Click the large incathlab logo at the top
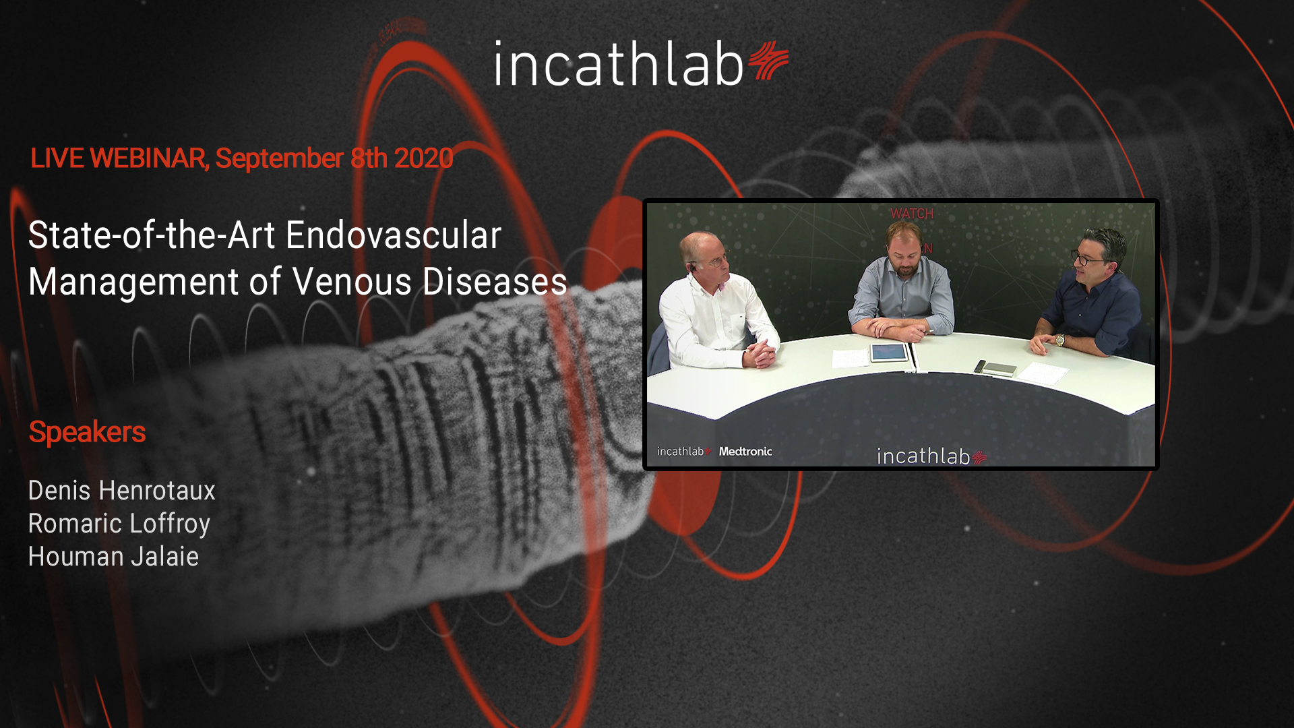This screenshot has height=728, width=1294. pyautogui.click(x=641, y=63)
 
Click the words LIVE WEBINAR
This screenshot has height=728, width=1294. pyautogui.click(x=119, y=158)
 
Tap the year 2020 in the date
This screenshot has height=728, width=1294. pyautogui.click(x=423, y=158)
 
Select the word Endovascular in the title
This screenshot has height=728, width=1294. pyautogui.click(x=394, y=235)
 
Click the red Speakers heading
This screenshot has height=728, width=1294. pyautogui.click(x=87, y=432)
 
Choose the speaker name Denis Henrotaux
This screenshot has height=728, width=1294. pyautogui.click(x=122, y=491)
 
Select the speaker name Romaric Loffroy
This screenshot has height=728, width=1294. pyautogui.click(x=119, y=524)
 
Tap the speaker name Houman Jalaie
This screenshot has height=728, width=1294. pyautogui.click(x=114, y=557)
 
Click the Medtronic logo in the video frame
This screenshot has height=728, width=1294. pyautogui.click(x=745, y=452)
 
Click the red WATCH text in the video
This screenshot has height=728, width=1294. pyautogui.click(x=912, y=214)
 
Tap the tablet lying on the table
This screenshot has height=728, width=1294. pyautogui.click(x=889, y=353)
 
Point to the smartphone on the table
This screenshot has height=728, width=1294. pyautogui.click(x=980, y=366)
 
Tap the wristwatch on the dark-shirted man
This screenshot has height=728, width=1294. pyautogui.click(x=1060, y=340)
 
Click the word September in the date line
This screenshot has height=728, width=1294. pyautogui.click(x=280, y=159)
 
